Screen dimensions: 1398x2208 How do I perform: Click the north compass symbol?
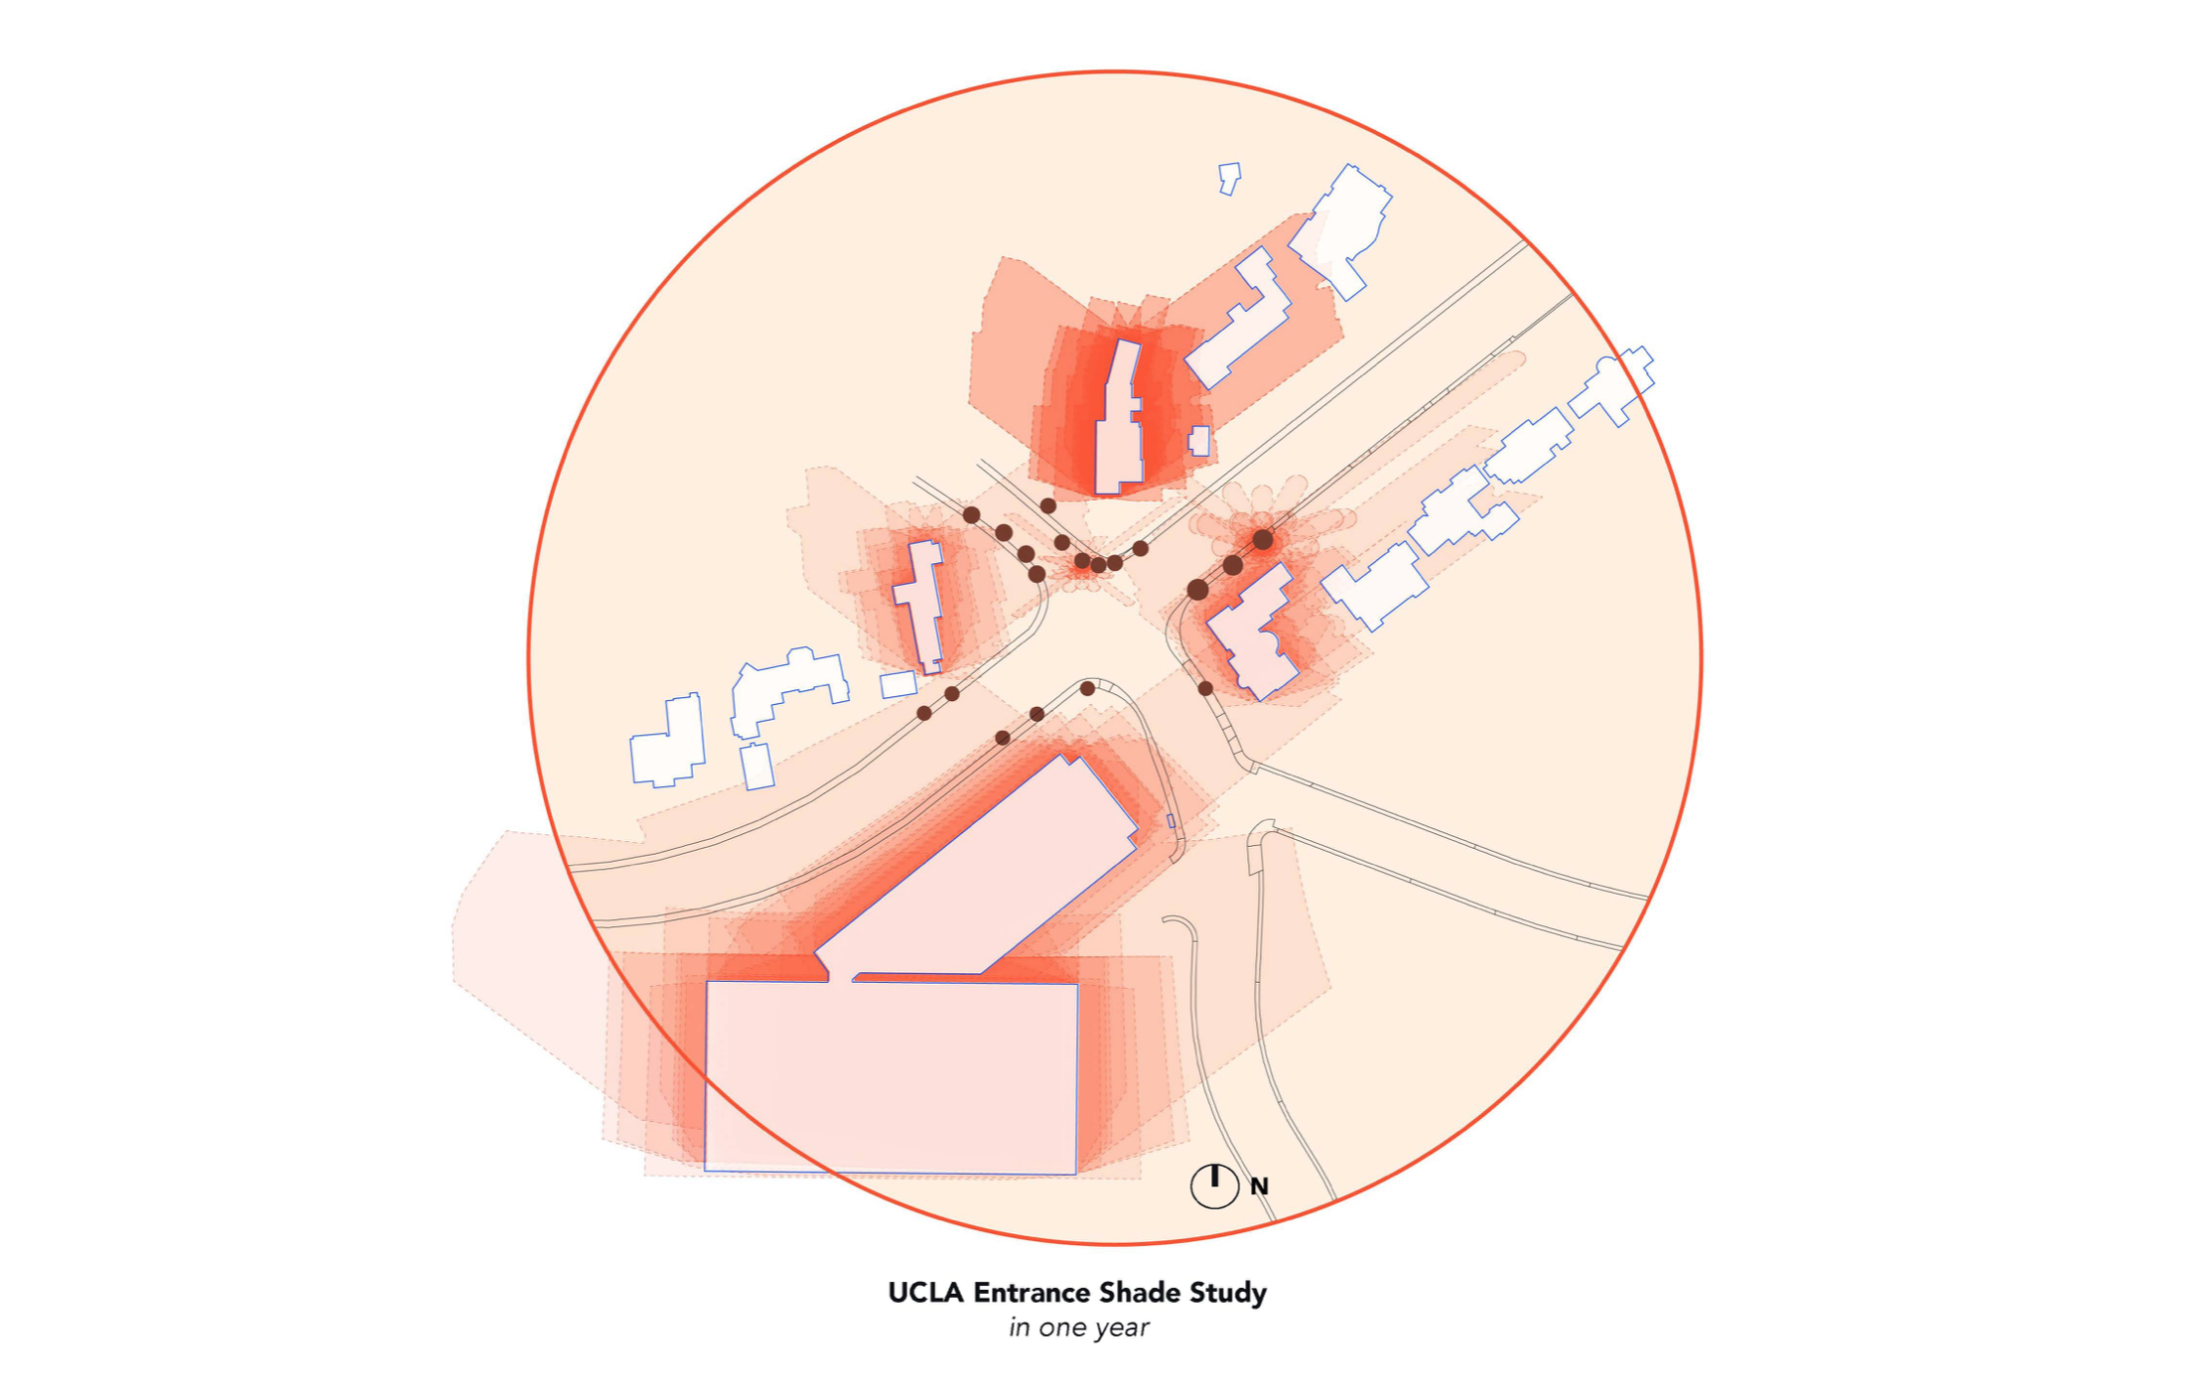(x=1213, y=1185)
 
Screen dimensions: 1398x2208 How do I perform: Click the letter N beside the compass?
(x=1259, y=1187)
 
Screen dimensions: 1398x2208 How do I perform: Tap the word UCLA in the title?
(x=925, y=1293)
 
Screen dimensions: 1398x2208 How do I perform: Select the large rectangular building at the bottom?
(x=891, y=1077)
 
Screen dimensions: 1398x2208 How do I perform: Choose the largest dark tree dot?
(x=1197, y=590)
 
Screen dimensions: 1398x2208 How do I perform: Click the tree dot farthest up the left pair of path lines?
(x=971, y=514)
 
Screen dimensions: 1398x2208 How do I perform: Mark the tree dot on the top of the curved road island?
(x=1087, y=688)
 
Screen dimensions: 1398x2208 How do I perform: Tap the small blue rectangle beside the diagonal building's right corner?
(x=1171, y=821)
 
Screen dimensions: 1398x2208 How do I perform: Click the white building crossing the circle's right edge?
(x=1613, y=384)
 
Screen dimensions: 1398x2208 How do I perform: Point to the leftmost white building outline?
(x=668, y=743)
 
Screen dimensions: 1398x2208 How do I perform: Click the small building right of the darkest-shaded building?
(x=1199, y=441)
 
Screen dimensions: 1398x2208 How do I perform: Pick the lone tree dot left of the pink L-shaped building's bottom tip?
(x=1205, y=688)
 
